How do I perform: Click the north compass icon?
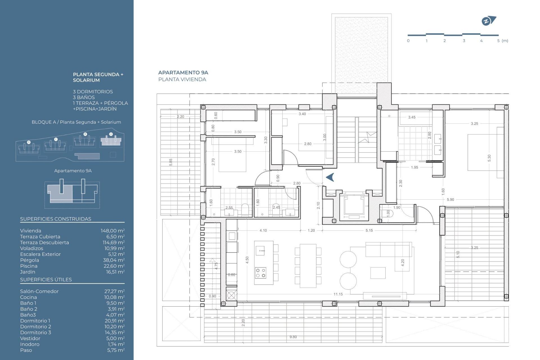coord(489,21)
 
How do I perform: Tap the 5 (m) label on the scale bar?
coord(502,41)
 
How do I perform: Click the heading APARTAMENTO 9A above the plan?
coord(183,73)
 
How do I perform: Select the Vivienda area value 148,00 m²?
coord(112,231)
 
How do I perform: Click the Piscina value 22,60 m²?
coord(114,266)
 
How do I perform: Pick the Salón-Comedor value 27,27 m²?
coord(114,292)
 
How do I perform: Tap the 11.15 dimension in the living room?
coord(338,294)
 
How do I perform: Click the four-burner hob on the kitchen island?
coord(260,273)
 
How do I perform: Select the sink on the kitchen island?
coord(260,250)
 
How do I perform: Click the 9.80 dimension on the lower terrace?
coord(293,337)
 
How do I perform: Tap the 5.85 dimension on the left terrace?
coord(171,162)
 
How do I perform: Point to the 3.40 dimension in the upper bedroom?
coord(302,114)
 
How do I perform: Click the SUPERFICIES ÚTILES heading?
coord(46,280)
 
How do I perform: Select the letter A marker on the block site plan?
coord(111,134)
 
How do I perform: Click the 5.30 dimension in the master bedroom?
coord(489,158)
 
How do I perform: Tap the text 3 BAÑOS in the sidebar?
coord(84,98)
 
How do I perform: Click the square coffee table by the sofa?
coord(378,273)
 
